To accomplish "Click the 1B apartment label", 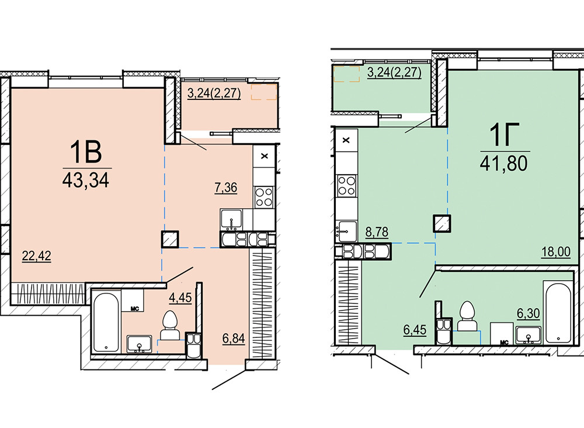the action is (x=86, y=153).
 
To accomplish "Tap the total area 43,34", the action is (x=86, y=181).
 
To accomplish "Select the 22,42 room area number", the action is (x=36, y=256).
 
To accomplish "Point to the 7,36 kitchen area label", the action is (x=225, y=187).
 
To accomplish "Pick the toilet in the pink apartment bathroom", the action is (x=170, y=325).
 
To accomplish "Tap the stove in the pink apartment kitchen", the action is (x=264, y=197).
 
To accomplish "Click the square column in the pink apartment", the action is (x=170, y=239).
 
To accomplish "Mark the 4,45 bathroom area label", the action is (x=180, y=298).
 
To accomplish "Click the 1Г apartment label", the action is (x=505, y=135).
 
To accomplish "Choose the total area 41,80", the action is (x=503, y=163).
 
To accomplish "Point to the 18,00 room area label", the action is (x=556, y=251).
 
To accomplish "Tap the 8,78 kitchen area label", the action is (x=377, y=232).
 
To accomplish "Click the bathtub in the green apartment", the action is (x=558, y=313).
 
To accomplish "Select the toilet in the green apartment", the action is (x=467, y=316).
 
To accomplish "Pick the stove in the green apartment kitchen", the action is (x=346, y=185).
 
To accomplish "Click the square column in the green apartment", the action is (x=442, y=224).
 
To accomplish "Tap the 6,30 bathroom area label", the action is (x=528, y=313).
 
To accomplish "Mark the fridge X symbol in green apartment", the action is (x=346, y=140).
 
